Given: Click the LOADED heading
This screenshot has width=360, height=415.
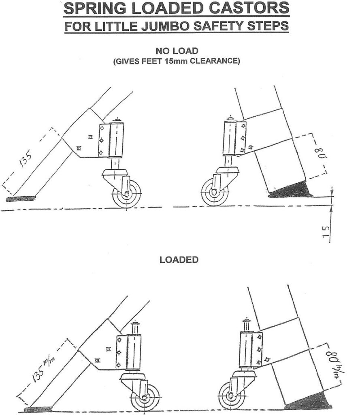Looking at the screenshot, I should [x=179, y=260].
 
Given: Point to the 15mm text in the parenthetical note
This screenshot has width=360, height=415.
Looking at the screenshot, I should [x=192, y=62].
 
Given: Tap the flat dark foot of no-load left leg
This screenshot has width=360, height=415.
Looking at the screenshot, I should [x=21, y=199].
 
